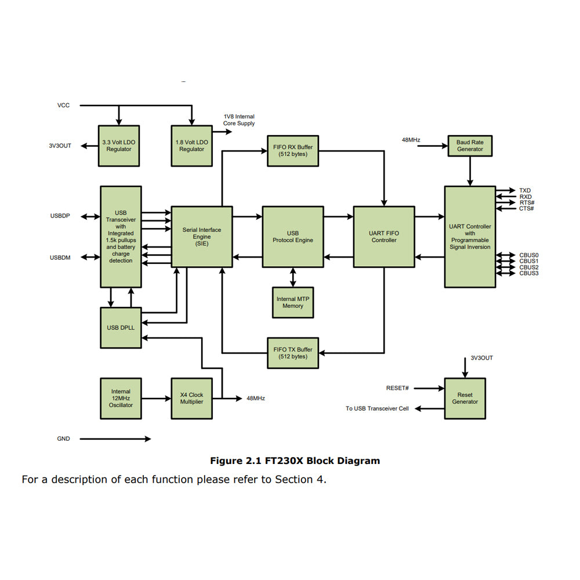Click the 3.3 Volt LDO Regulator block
[119, 145]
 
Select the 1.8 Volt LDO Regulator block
[191, 145]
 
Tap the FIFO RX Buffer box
[293, 151]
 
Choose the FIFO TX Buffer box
[293, 353]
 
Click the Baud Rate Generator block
[470, 146]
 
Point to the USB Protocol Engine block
[293, 237]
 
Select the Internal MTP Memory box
[293, 302]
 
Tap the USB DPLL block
[121, 328]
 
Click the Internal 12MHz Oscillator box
[121, 398]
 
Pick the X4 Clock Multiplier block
[191, 398]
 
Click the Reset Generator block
[465, 398]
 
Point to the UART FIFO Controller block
[384, 237]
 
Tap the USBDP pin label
[60, 216]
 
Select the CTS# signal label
[527, 208]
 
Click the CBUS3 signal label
[529, 273]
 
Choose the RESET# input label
[397, 388]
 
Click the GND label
[63, 438]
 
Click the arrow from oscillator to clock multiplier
[156, 398]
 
